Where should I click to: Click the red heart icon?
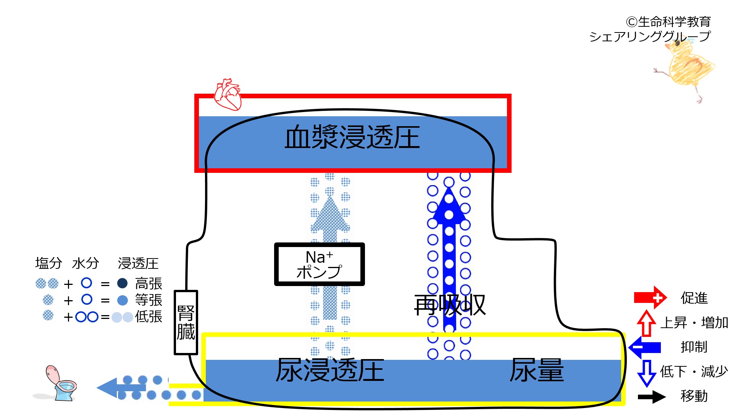pos(228,94)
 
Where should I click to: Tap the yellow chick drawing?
pos(686,69)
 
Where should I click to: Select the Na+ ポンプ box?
pos(320,264)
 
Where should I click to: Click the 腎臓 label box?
pos(186,322)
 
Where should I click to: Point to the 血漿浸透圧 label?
pos(352,137)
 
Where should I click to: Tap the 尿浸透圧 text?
pos(330,370)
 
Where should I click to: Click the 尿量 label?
pos(536,370)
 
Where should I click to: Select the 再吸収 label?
pos(450,305)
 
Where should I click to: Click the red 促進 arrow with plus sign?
pos(650,298)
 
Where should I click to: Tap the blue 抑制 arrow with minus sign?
pos(645,347)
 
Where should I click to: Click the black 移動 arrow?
pos(652,397)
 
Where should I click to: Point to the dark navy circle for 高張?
pos(122,283)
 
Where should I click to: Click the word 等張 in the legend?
pos(149,300)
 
